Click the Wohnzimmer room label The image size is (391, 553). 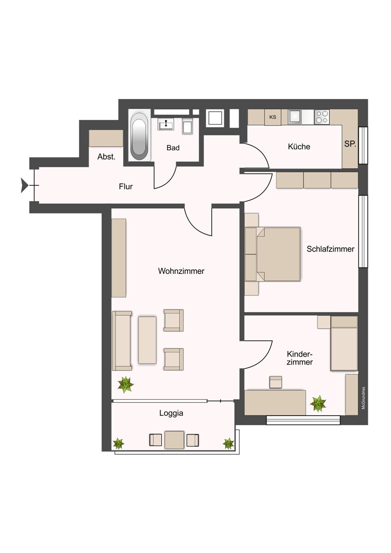click(x=181, y=271)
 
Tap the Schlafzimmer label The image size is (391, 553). click(x=331, y=249)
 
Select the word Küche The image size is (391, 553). click(x=299, y=147)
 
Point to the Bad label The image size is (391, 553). click(x=173, y=147)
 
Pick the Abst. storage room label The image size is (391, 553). click(x=107, y=157)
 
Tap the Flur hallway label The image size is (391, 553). click(x=126, y=186)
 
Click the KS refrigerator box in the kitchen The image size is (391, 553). click(x=273, y=117)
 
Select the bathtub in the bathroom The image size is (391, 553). click(x=140, y=136)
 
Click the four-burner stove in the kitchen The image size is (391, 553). click(x=322, y=117)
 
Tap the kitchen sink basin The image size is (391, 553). click(x=295, y=117)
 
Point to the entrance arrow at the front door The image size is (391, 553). click(x=24, y=185)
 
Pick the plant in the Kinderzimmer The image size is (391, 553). click(x=318, y=404)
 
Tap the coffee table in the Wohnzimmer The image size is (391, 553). click(x=147, y=340)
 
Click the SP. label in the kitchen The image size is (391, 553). click(x=350, y=144)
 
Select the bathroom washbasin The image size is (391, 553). click(x=166, y=124)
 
